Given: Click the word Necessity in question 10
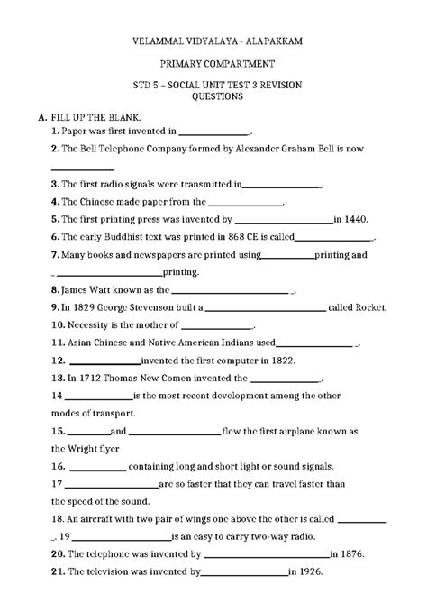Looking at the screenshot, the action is coord(95,324).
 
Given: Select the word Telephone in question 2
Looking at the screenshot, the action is coord(112,148).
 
